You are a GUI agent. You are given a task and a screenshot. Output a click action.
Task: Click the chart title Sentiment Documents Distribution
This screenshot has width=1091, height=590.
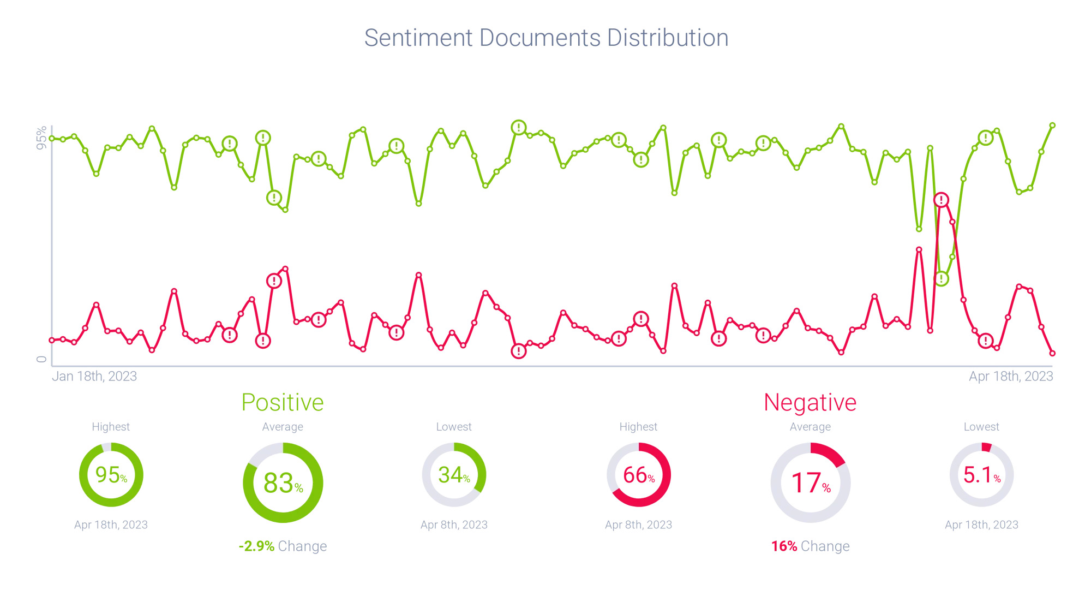click(x=546, y=38)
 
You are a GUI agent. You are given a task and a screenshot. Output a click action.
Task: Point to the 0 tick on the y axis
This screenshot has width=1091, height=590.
click(x=41, y=359)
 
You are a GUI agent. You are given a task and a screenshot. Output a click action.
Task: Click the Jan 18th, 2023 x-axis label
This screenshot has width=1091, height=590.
click(x=94, y=376)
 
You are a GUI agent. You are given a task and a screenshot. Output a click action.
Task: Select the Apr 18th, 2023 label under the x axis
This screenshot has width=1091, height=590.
click(x=1011, y=376)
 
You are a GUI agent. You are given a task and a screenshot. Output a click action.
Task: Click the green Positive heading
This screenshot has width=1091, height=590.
click(x=283, y=402)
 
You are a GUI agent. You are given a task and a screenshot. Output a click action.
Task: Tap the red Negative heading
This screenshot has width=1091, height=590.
click(x=810, y=402)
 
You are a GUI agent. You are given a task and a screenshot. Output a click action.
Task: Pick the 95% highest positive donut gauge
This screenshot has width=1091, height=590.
click(x=111, y=475)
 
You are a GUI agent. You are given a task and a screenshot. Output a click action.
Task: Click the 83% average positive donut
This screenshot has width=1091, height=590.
click(x=283, y=482)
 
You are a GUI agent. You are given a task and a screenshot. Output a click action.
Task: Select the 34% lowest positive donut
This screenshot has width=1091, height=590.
click(x=454, y=475)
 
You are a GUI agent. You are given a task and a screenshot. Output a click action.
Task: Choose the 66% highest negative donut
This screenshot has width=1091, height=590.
click(x=639, y=475)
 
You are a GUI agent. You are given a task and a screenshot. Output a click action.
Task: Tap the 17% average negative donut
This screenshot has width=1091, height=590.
click(x=811, y=482)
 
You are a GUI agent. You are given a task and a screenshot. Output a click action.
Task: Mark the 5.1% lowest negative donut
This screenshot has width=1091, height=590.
click(x=981, y=475)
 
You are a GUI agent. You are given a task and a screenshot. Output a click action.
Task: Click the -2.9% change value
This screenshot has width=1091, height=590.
click(x=257, y=546)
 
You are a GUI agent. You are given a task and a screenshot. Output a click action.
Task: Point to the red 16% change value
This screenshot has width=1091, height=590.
click(x=784, y=546)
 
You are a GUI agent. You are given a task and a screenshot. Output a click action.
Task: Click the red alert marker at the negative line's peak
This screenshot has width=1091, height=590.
click(x=941, y=200)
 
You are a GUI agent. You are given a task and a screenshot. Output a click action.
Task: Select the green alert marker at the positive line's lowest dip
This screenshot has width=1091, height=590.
click(x=942, y=279)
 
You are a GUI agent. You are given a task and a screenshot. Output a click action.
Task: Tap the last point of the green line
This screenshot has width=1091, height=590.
click(x=1052, y=126)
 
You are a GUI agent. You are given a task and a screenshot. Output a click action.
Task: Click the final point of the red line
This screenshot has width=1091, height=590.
click(x=1052, y=353)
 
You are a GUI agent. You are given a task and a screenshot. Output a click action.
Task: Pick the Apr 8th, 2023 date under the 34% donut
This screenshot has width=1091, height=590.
click(x=454, y=525)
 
